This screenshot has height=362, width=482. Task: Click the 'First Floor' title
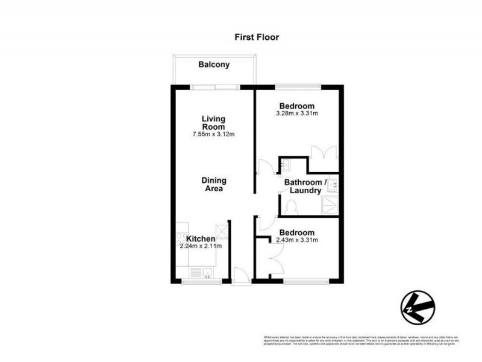pyautogui.click(x=257, y=37)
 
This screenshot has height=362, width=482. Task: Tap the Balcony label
pyautogui.click(x=214, y=65)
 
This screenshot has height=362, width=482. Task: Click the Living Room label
pyautogui.click(x=213, y=122)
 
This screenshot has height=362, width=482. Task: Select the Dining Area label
pyautogui.click(x=213, y=184)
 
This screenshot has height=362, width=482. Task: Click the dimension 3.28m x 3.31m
pyautogui.click(x=296, y=113)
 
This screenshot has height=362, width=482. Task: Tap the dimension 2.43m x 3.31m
pyautogui.click(x=296, y=240)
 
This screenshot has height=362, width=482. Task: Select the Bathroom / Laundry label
pyautogui.click(x=305, y=186)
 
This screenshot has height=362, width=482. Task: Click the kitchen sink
pyautogui.click(x=207, y=273)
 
